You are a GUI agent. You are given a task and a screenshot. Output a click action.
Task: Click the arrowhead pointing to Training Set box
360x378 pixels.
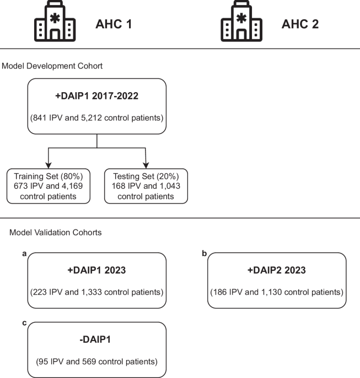(48, 166)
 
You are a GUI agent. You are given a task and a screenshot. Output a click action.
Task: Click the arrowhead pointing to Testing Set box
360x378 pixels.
(146, 166)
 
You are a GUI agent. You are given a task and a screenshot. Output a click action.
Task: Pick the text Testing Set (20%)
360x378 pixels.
(146, 176)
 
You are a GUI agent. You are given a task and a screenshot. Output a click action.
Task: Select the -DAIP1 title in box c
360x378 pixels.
(96, 343)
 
